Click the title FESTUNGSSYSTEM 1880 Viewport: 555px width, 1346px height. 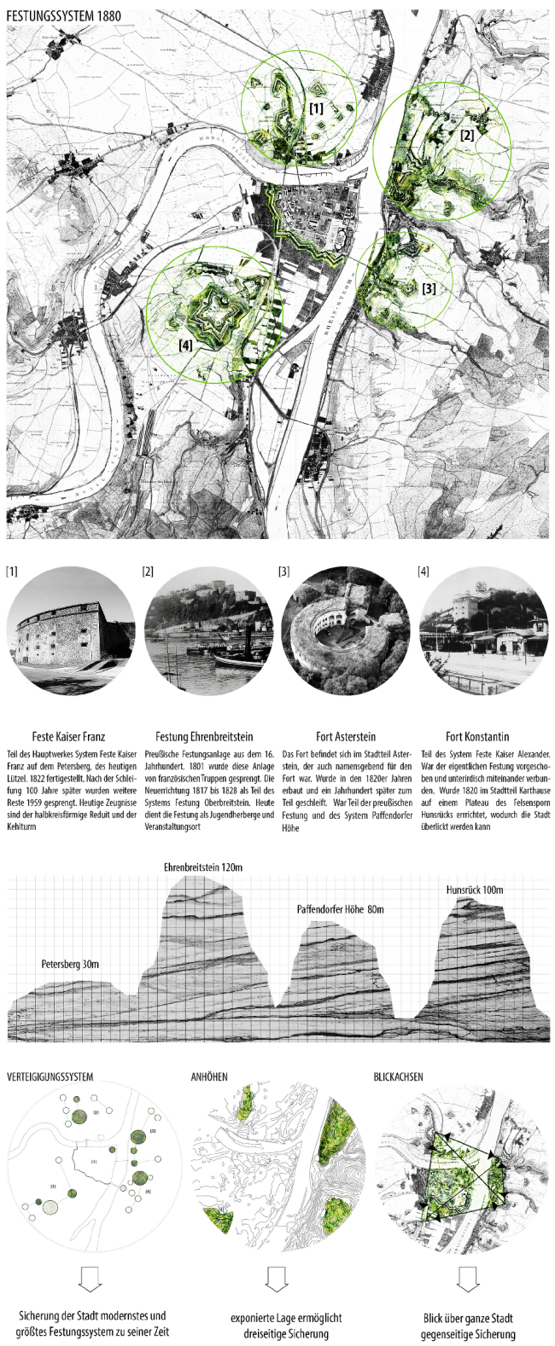tap(64, 15)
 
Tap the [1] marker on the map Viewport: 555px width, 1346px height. tap(316, 108)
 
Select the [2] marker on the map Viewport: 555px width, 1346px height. tap(466, 134)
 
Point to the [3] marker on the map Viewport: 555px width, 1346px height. tap(429, 288)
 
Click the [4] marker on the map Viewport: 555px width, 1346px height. tap(185, 345)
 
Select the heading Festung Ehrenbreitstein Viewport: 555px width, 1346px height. tap(204, 736)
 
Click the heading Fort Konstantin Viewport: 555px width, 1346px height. tap(477, 736)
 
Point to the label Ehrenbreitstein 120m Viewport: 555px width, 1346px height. tap(203, 867)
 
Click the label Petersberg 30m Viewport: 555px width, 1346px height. tap(70, 964)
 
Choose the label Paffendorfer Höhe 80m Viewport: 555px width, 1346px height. tap(340, 909)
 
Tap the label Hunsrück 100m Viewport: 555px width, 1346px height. tap(475, 890)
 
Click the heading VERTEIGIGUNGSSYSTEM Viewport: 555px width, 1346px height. tap(50, 1077)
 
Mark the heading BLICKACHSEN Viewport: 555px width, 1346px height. tap(398, 1077)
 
